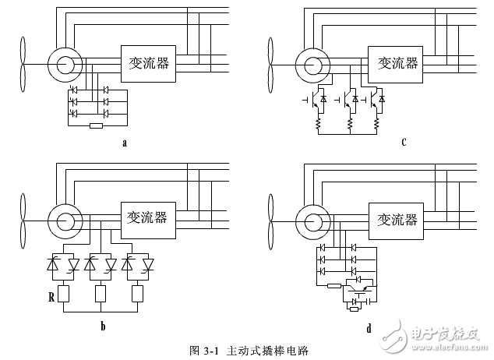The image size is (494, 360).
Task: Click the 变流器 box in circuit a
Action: click(x=148, y=62)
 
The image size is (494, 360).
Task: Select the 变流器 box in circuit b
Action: click(x=148, y=219)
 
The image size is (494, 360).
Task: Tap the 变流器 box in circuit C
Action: click(x=395, y=62)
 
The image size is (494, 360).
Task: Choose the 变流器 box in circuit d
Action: click(x=395, y=219)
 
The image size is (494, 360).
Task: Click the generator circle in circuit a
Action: click(x=61, y=63)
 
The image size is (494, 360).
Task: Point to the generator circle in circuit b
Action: click(x=61, y=221)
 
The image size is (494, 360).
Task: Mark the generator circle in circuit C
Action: click(x=308, y=63)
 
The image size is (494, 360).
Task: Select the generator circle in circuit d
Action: click(x=308, y=221)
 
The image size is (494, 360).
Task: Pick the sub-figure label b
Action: click(x=102, y=327)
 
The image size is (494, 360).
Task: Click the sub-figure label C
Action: click(x=404, y=142)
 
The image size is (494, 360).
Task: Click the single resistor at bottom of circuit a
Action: click(x=97, y=125)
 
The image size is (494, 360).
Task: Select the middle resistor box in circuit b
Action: click(x=100, y=293)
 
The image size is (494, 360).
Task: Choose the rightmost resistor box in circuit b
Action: click(x=139, y=293)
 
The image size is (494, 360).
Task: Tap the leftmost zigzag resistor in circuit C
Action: click(x=317, y=122)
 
